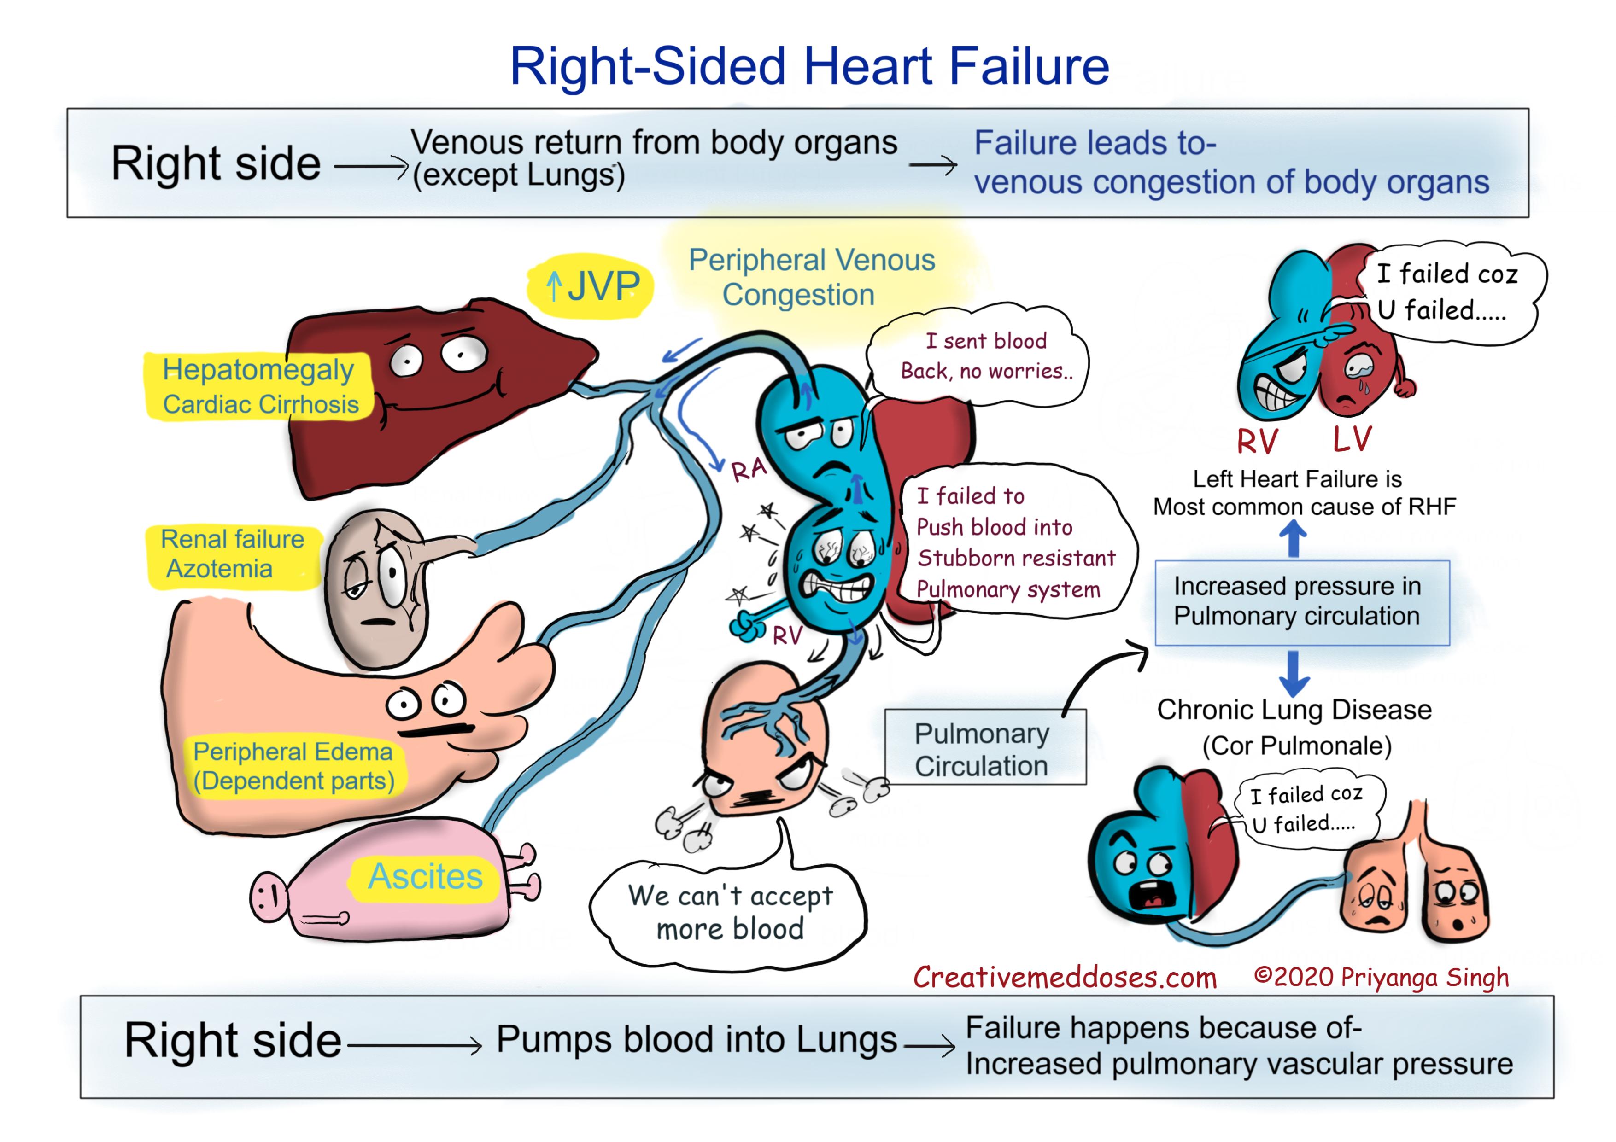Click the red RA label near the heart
point(748,469)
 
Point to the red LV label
point(1352,438)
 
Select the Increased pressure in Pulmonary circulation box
point(1301,601)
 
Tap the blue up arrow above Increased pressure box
point(1292,539)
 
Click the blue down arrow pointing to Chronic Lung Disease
point(1294,673)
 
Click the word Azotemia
point(219,569)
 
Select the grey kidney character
point(376,588)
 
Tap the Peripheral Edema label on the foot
point(293,766)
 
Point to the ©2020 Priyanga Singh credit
point(1381,977)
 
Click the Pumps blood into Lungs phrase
point(696,1039)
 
